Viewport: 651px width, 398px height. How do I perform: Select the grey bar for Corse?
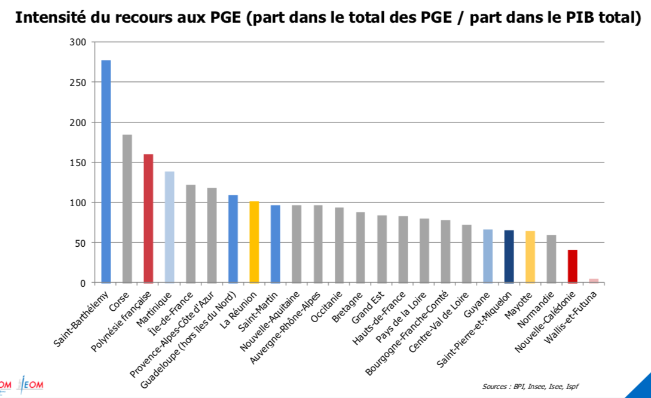click(x=127, y=209)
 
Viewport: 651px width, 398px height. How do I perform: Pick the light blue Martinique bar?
click(x=170, y=227)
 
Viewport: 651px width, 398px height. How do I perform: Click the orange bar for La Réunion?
click(x=254, y=242)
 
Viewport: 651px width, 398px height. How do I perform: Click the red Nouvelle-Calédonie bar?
click(x=572, y=266)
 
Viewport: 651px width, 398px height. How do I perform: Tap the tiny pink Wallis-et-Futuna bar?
click(x=594, y=280)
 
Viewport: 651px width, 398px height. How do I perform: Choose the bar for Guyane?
click(x=488, y=256)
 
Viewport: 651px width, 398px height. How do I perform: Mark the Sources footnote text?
click(x=530, y=387)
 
